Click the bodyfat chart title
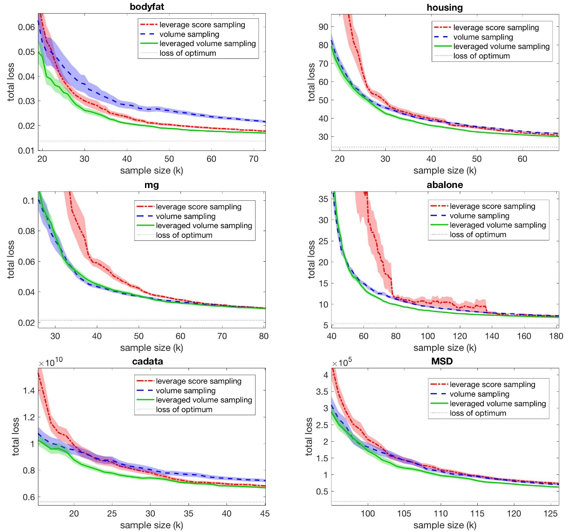(147, 7)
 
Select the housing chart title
(445, 8)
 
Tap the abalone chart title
(445, 185)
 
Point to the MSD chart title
(442, 361)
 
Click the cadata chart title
(147, 361)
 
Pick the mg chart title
(151, 185)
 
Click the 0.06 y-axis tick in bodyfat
(26, 27)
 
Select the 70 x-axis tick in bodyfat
(253, 159)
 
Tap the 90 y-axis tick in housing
(323, 27)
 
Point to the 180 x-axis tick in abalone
(556, 336)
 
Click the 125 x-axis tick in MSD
(550, 514)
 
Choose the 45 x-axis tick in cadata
(264, 514)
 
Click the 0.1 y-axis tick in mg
(29, 201)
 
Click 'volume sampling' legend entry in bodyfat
(189, 35)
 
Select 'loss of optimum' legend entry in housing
(481, 56)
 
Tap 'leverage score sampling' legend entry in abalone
(492, 206)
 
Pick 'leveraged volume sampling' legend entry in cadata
(204, 400)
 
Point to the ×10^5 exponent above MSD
(342, 362)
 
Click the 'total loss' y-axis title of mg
(11, 260)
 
